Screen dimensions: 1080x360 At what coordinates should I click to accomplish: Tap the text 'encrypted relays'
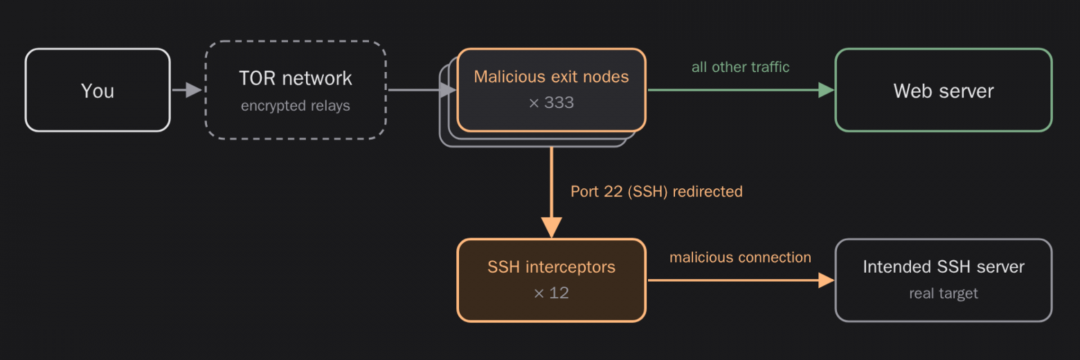(x=296, y=105)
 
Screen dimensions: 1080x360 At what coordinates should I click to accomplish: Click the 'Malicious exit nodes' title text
(x=551, y=77)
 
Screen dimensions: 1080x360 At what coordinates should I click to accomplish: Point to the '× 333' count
(x=551, y=102)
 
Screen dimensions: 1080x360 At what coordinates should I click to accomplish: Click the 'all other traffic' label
(x=741, y=67)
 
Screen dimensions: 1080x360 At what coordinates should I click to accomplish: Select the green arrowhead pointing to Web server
(x=827, y=90)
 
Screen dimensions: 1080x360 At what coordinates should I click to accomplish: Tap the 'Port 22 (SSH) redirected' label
(x=657, y=191)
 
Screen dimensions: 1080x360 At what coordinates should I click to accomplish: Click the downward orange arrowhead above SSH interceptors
(x=552, y=228)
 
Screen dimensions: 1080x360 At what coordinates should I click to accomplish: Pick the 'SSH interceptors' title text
(x=551, y=267)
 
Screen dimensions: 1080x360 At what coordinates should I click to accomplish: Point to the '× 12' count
(x=551, y=293)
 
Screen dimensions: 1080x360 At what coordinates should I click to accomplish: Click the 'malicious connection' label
(x=741, y=258)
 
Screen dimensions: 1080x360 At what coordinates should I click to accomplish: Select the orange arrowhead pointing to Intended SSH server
(x=827, y=280)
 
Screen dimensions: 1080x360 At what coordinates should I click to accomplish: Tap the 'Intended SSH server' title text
(x=944, y=267)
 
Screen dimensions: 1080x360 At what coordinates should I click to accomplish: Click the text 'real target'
(x=944, y=293)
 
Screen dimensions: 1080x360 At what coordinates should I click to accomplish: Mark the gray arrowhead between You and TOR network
(x=194, y=90)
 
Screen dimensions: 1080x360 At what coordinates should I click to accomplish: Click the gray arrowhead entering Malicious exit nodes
(x=449, y=90)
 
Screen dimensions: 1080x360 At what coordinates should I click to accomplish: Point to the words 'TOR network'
(x=296, y=78)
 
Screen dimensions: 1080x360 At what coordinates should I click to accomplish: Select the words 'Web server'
(x=944, y=91)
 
